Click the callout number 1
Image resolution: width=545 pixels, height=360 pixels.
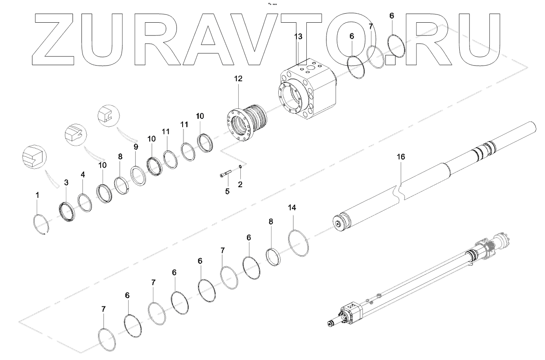point(37,195)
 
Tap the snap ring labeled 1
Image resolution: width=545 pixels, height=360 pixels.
point(34,219)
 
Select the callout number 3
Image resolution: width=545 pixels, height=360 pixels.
point(66,182)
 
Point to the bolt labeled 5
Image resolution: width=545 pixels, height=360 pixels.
point(226,174)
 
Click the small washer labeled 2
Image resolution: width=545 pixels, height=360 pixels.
point(240,166)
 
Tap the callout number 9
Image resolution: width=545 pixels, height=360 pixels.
point(136,147)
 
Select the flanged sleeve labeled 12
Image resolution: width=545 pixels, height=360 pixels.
point(247,123)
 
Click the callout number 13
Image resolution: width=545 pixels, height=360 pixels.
point(298,37)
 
